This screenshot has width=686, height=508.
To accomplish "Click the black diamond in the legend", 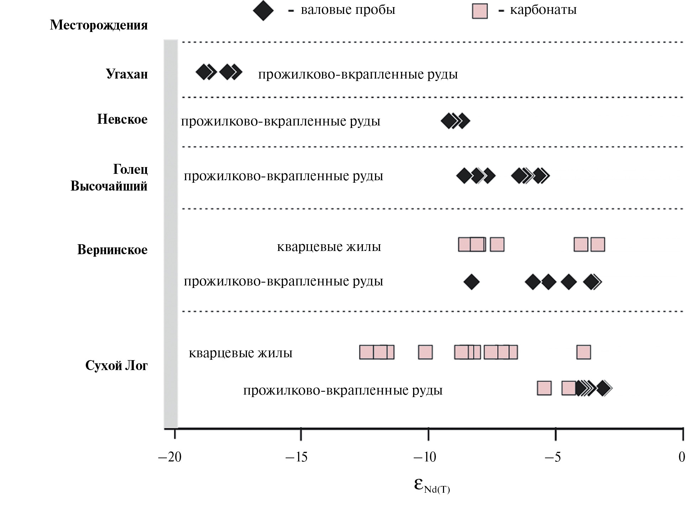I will pos(263,11).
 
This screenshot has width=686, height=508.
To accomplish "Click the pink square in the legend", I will pos(480,11).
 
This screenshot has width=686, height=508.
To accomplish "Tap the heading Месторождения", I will pos(99,25).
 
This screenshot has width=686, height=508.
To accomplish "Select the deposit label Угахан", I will pos(127,74).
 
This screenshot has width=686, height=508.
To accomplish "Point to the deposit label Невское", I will pos(122,119).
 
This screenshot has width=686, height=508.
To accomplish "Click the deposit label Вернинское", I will pos(112,250).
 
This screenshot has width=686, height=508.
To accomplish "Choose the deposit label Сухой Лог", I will pos(116,365).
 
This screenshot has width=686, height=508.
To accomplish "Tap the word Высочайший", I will pos(109,186).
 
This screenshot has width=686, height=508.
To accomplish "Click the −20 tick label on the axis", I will pos(170,457).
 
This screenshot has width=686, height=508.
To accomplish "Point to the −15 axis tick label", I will pos(296,457).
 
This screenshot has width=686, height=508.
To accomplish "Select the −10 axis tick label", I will pos(424,457).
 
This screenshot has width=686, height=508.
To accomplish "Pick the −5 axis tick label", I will pos(553,457).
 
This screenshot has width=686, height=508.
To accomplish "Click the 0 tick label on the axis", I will pos(681,457).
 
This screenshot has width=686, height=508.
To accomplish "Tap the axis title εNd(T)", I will pos(432,485).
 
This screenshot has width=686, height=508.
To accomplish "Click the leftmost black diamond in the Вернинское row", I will pos(471,282).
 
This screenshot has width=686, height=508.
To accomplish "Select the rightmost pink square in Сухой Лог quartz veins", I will pos(584,352).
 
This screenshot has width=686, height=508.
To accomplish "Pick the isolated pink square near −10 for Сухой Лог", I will pos(425,352).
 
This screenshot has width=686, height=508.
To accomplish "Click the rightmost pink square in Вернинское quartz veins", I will pos(598,245).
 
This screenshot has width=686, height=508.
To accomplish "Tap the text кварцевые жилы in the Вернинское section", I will pos(329,247).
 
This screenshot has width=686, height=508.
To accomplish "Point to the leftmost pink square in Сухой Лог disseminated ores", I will pos(544,388).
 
